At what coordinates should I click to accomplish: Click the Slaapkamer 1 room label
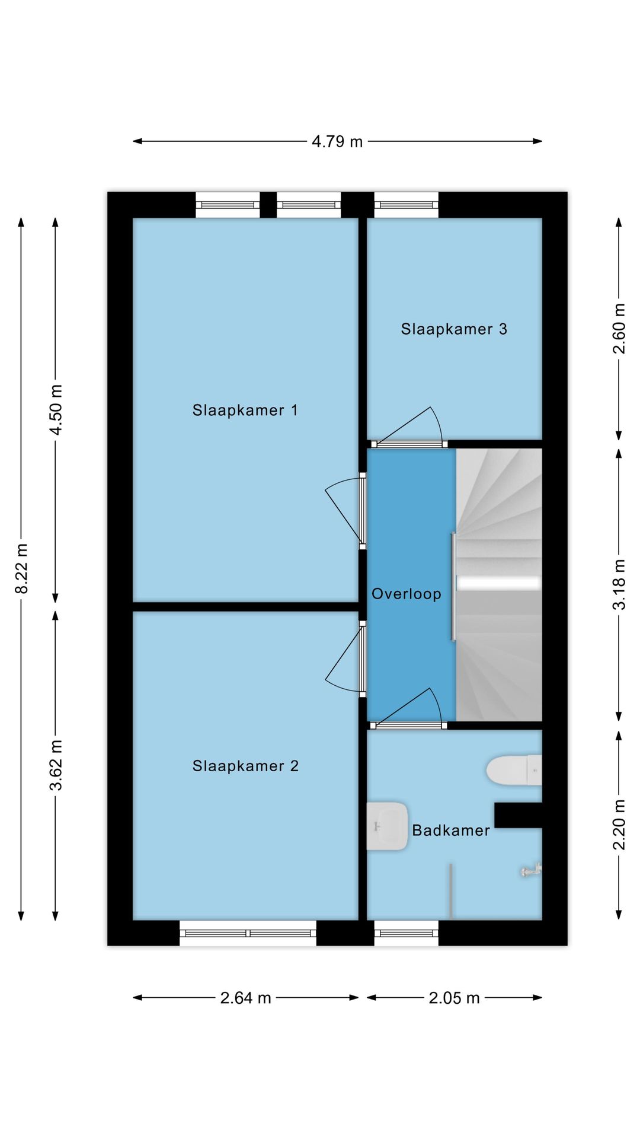point(245,410)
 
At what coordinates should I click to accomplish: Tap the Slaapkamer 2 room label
point(245,766)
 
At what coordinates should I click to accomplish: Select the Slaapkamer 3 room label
point(454,329)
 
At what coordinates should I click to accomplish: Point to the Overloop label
point(407,594)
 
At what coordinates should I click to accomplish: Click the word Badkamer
point(451,831)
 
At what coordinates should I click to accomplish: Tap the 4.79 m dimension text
point(337,142)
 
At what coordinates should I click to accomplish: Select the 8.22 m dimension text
point(21,568)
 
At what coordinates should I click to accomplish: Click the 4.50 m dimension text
point(56,410)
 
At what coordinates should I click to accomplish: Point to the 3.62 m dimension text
point(56,765)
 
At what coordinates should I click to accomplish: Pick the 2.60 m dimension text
point(619,329)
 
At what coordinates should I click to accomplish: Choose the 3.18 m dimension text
point(619,584)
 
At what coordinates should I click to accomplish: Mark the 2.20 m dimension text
point(619,825)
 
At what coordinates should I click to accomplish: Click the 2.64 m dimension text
point(246,998)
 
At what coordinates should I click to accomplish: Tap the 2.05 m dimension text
point(454,998)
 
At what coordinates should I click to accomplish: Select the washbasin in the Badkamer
point(387,826)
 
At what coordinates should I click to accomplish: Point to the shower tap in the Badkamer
point(531,870)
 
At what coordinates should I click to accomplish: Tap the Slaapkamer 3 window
point(407,205)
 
